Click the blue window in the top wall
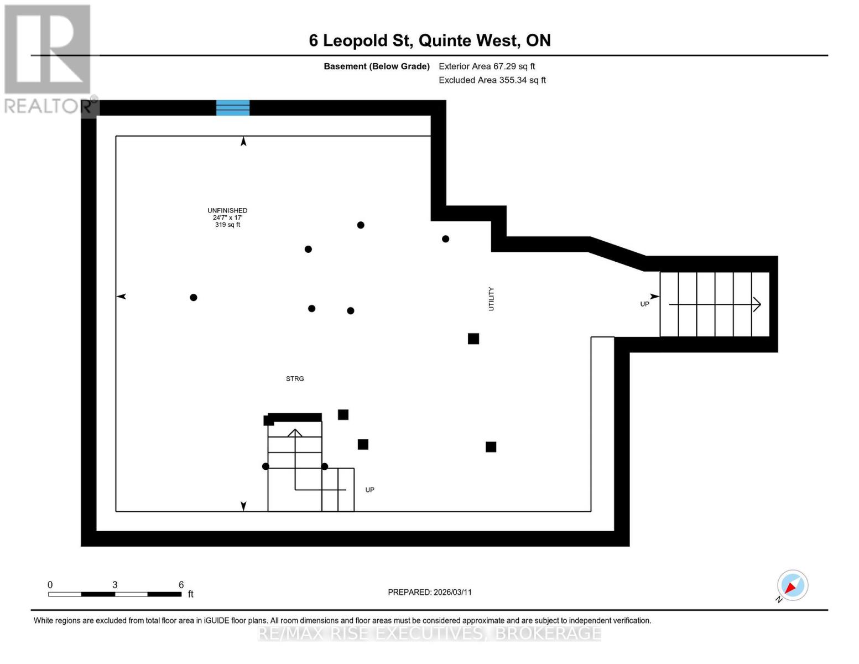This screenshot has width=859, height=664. click(x=232, y=107)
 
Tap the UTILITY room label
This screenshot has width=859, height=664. click(x=491, y=299)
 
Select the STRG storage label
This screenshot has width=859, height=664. click(x=295, y=379)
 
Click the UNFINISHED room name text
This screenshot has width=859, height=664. click(x=227, y=210)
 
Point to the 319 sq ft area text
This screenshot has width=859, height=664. click(x=227, y=225)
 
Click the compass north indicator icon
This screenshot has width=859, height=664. click(x=792, y=585)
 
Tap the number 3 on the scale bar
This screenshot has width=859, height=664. click(x=114, y=585)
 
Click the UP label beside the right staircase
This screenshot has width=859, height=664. click(x=644, y=304)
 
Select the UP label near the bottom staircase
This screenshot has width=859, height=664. click(x=370, y=490)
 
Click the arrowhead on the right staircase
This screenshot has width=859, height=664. click(x=757, y=304)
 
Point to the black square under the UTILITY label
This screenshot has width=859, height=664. click(x=473, y=339)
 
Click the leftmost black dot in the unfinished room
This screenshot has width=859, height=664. click(x=194, y=298)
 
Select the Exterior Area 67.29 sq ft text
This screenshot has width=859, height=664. click(x=487, y=66)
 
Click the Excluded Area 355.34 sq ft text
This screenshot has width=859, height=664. click(x=492, y=80)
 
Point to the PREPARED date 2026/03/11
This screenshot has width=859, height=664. click(x=430, y=592)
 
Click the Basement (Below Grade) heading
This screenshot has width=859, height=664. click(x=377, y=66)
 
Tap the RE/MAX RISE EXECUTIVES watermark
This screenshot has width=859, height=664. click(x=429, y=633)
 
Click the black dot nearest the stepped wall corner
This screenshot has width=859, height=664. click(x=445, y=239)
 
